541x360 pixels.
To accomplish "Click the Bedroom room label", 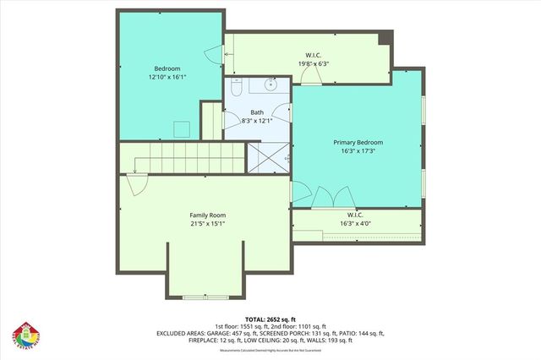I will (x=166, y=68).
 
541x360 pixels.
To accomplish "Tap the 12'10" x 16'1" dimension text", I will (x=166, y=77).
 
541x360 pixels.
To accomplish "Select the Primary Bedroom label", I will (x=358, y=143).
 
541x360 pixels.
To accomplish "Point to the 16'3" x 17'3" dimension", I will (x=358, y=151).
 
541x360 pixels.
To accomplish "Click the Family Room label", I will (x=207, y=215).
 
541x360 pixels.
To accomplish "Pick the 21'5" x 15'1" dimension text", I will (x=207, y=224).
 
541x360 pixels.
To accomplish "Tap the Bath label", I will (x=257, y=112).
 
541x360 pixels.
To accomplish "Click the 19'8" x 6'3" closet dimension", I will (x=307, y=63).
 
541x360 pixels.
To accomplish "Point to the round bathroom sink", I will (x=272, y=84).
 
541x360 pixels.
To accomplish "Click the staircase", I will (x=182, y=159).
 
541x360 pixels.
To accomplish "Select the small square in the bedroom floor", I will (x=181, y=128).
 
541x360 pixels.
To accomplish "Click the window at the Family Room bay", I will (x=205, y=297).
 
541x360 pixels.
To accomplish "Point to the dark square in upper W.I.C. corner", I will (x=385, y=38).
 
